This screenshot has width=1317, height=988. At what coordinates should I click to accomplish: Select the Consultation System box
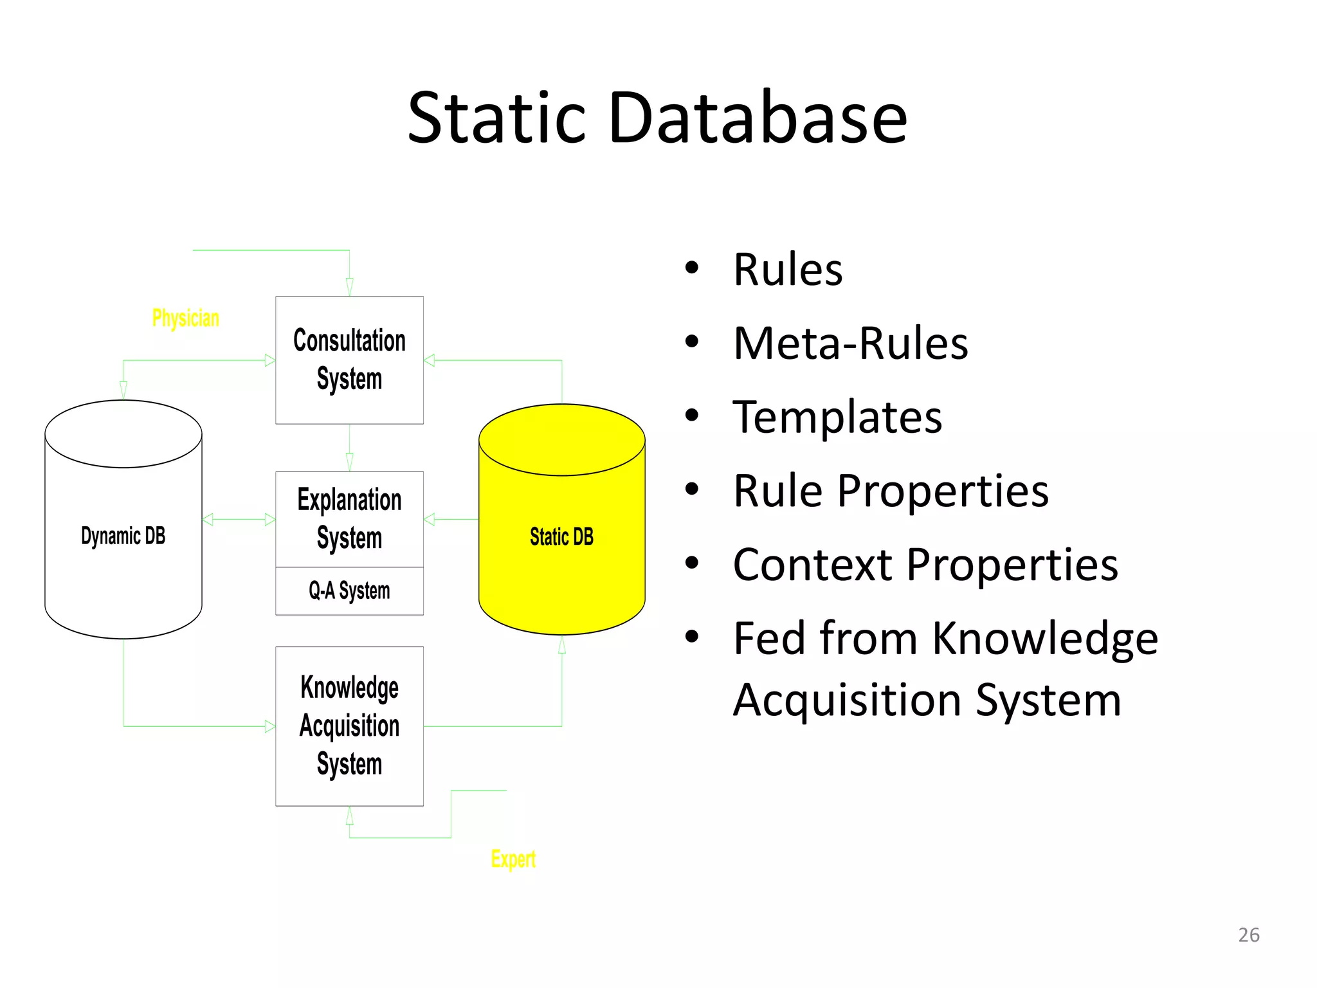click(x=349, y=360)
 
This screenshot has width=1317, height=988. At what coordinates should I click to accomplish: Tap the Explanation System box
click(x=349, y=518)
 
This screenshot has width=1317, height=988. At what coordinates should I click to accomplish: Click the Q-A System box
click(x=349, y=590)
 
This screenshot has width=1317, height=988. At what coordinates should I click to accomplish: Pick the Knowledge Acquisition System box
click(x=349, y=726)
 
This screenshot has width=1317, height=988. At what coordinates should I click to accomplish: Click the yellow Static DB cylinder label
click(x=561, y=536)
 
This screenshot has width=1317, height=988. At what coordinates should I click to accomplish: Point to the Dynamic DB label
click(x=123, y=535)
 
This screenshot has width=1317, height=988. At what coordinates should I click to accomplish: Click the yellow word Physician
click(x=185, y=318)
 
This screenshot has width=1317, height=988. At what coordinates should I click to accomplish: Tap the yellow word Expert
click(x=513, y=859)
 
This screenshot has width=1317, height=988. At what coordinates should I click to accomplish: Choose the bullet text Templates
click(x=837, y=417)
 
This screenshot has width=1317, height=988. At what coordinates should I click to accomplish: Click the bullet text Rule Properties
click(x=891, y=491)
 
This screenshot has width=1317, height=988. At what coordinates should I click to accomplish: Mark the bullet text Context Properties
click(x=925, y=565)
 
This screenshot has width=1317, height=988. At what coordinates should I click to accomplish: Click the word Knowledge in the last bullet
click(x=1045, y=639)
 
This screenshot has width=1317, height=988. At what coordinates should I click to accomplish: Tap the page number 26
click(x=1248, y=935)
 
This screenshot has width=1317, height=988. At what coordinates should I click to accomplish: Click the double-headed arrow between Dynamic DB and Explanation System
click(x=239, y=519)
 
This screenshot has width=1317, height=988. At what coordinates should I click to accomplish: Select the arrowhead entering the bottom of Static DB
click(x=561, y=645)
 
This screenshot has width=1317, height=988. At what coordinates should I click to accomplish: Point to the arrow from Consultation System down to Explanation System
click(x=349, y=448)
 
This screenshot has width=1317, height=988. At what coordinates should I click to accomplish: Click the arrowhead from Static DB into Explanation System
click(x=430, y=519)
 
